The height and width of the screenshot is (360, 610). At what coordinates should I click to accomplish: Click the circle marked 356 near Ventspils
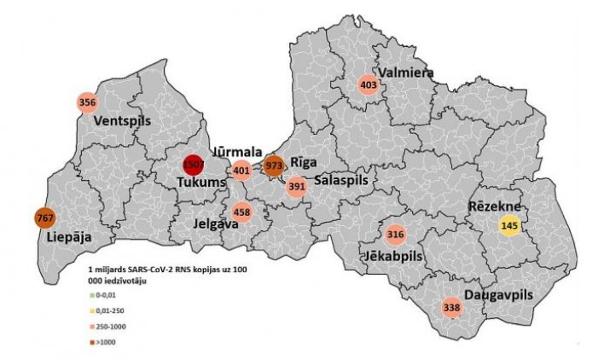coord(86,102)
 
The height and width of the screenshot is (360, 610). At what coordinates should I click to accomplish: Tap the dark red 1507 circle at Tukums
coord(194,165)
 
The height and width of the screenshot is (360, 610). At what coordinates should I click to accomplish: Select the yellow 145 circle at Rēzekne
coord(509,226)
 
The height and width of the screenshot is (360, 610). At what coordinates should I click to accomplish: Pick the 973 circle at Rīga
coord(274,165)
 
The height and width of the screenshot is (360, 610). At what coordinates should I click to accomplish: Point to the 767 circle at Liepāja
coord(44,218)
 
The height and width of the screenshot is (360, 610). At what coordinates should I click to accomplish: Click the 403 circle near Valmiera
coord(369,85)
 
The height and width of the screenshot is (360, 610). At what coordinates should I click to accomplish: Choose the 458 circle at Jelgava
coord(241,211)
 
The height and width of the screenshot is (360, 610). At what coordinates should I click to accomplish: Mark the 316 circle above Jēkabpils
coord(395,235)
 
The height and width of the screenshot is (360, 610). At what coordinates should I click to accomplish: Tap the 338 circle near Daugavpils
coord(452,307)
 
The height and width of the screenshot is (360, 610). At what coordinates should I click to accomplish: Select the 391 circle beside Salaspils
coord(296,187)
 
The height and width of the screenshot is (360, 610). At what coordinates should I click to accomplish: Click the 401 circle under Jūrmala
coord(241,171)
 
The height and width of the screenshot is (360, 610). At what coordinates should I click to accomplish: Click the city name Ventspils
coord(123,120)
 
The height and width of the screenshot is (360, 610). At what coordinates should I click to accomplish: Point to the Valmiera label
coord(407,73)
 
